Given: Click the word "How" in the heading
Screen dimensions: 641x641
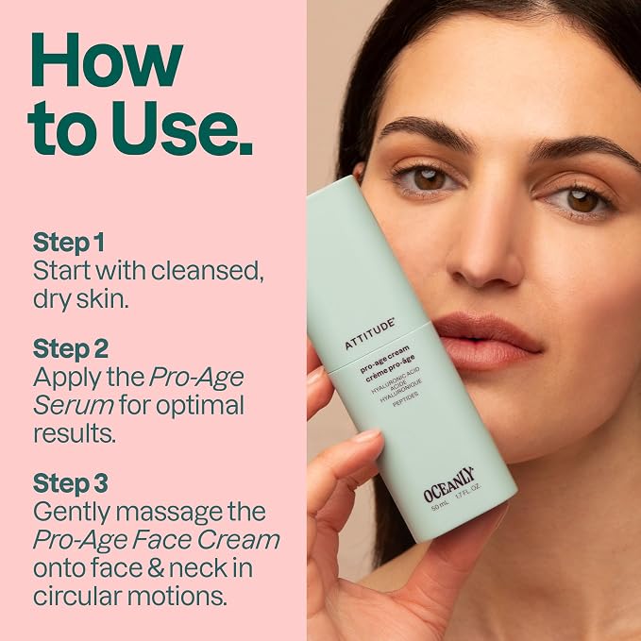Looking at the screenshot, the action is click(107, 60).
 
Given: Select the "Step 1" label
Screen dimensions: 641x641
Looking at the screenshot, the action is click(68, 242).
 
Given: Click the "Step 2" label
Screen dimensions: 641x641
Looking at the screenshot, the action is click(70, 348).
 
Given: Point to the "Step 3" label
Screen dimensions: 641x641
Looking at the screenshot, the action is click(70, 482).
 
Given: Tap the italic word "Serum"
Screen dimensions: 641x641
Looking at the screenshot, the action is click(74, 405).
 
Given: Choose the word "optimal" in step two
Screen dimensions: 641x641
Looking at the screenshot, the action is click(200, 406).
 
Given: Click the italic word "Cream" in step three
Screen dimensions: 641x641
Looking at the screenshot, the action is click(238, 540).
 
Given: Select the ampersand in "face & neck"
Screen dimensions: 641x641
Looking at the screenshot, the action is click(156, 567).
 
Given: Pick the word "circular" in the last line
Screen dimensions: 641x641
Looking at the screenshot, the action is click(76, 596).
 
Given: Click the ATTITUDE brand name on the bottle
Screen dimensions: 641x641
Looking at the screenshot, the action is click(369, 334).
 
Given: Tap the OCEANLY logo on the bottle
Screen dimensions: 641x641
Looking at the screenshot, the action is click(448, 483).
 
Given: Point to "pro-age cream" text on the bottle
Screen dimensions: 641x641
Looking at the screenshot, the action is click(384, 360).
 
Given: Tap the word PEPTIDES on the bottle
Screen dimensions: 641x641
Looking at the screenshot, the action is click(406, 399).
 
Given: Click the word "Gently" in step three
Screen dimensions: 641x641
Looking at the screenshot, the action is click(74, 513).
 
